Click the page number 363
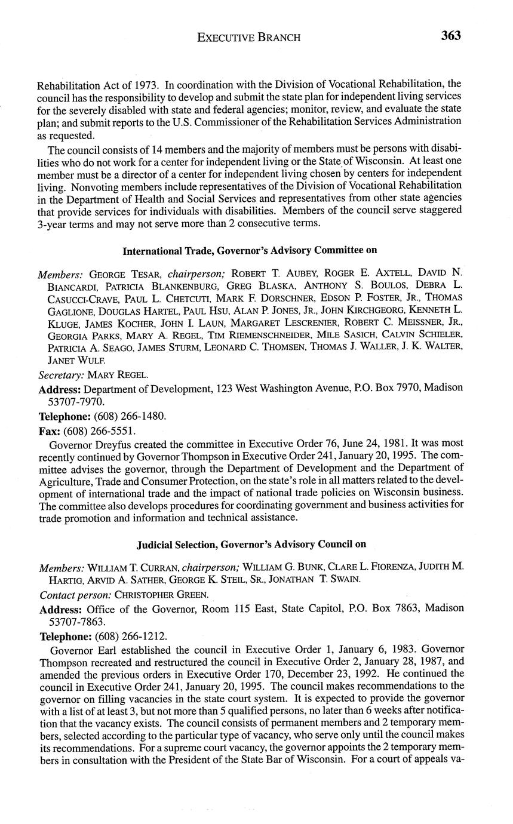tap(451, 36)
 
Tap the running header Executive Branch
tap(248, 38)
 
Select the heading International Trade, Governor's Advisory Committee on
tap(250, 251)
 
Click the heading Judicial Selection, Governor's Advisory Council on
tap(251, 545)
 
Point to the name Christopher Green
tap(156, 595)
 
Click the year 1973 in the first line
tap(148, 84)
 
